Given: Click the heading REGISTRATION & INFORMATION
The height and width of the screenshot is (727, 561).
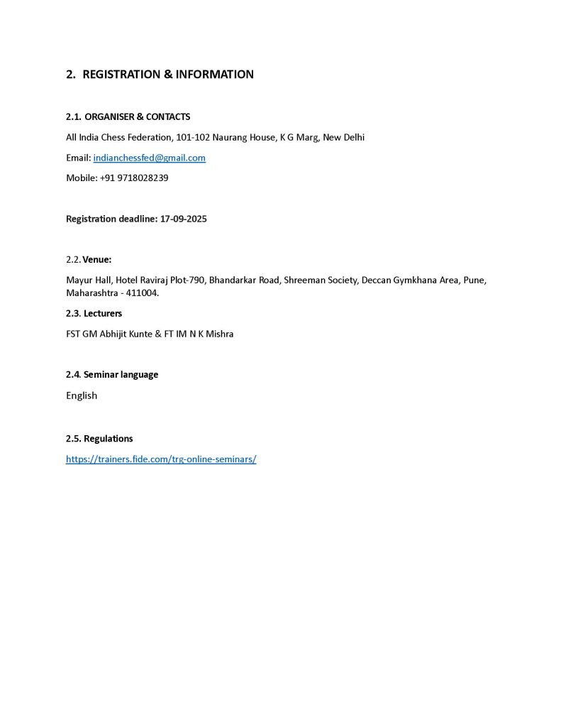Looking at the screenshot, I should point(168,75).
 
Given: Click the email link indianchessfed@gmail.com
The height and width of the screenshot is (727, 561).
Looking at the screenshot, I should point(149,158).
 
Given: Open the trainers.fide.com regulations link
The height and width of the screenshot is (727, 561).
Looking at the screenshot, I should point(161,459).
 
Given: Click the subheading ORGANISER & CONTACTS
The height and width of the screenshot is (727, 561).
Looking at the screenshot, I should point(137,116).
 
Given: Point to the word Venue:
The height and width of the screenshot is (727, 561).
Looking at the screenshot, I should point(97,259).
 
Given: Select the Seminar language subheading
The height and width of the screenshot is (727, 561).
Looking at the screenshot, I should point(121,374).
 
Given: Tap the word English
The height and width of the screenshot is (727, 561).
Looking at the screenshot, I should point(82,395).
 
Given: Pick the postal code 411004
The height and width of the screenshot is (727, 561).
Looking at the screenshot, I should point(142,293).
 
